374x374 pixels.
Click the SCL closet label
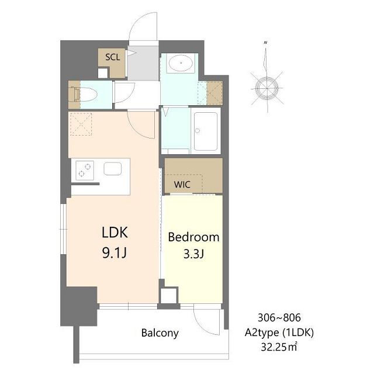pyautogui.click(x=113, y=57)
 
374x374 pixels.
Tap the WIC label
pyautogui.click(x=182, y=185)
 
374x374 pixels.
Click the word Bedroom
pyautogui.click(x=193, y=237)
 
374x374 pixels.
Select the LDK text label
pyautogui.click(x=115, y=233)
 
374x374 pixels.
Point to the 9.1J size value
pyautogui.click(x=115, y=253)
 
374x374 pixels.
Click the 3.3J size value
pyautogui.click(x=193, y=254)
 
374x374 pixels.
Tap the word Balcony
pyautogui.click(x=160, y=333)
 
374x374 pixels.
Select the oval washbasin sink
pyautogui.click(x=181, y=63)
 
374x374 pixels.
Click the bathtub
pyautogui.click(x=206, y=131)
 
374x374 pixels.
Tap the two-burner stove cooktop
pyautogui.click(x=85, y=170)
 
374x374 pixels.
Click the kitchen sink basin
pyautogui.click(x=113, y=168)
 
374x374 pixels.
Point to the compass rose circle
pyautogui.click(x=266, y=88)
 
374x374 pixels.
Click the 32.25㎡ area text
pyautogui.click(x=279, y=347)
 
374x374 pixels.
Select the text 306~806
pyautogui.click(x=279, y=318)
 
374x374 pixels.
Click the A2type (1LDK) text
pyautogui.click(x=279, y=333)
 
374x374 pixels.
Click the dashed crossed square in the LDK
pyautogui.click(x=81, y=124)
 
